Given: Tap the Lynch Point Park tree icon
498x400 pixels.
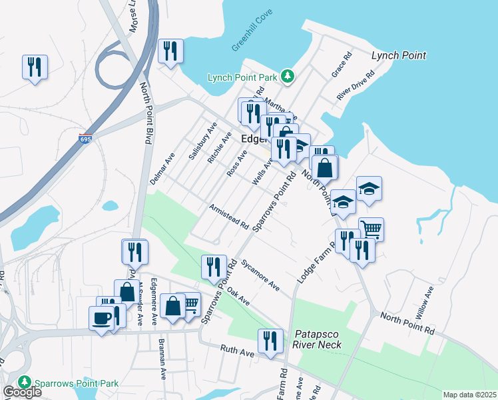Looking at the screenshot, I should (x=288, y=77).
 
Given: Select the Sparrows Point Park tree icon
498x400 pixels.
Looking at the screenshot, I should (x=25, y=382).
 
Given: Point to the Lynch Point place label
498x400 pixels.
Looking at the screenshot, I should (x=398, y=56).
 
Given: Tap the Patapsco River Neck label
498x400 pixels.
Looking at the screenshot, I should (x=317, y=339).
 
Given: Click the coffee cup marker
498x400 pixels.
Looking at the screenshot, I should (x=103, y=317).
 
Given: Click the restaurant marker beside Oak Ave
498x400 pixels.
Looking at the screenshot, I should (x=214, y=267).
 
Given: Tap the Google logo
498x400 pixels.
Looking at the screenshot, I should (x=21, y=392).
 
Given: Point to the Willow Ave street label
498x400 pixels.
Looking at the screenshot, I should (x=427, y=301).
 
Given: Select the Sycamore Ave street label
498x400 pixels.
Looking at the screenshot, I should (x=260, y=274).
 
